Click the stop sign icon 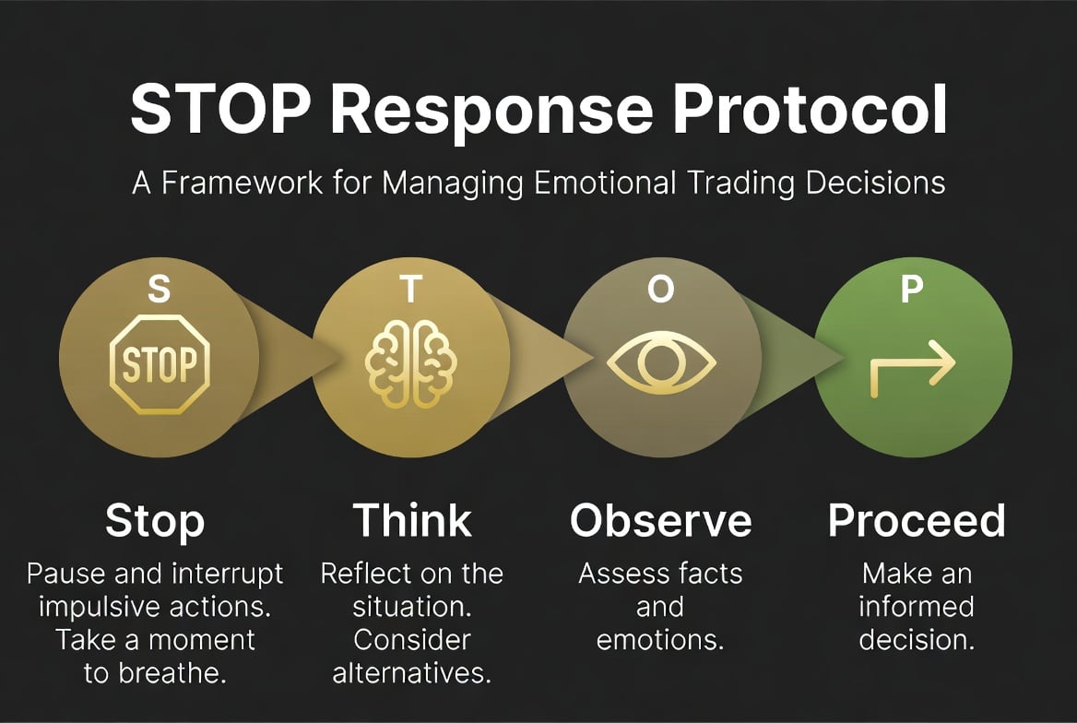pyautogui.click(x=160, y=364)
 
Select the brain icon pyautogui.click(x=410, y=364)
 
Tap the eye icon pyautogui.click(x=661, y=362)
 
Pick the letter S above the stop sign pyautogui.click(x=160, y=290)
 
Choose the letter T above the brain pyautogui.click(x=411, y=290)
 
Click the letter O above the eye pyautogui.click(x=660, y=290)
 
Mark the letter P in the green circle pyautogui.click(x=911, y=290)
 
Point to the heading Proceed pyautogui.click(x=917, y=522)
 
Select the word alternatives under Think pyautogui.click(x=412, y=673)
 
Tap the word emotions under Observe pyautogui.click(x=660, y=640)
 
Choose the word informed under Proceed pyautogui.click(x=917, y=607)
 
